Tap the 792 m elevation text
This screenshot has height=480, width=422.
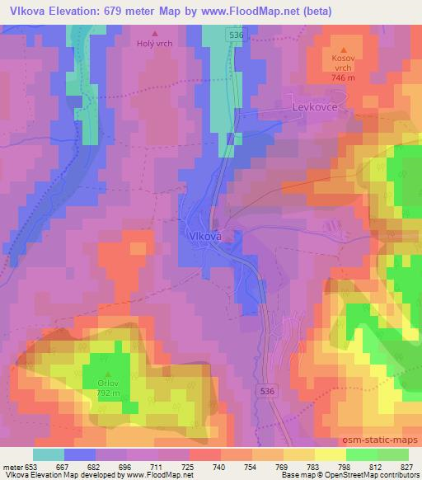[x=107, y=394]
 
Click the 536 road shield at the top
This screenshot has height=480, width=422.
[x=236, y=35]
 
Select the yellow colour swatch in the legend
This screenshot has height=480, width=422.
[x=331, y=454]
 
